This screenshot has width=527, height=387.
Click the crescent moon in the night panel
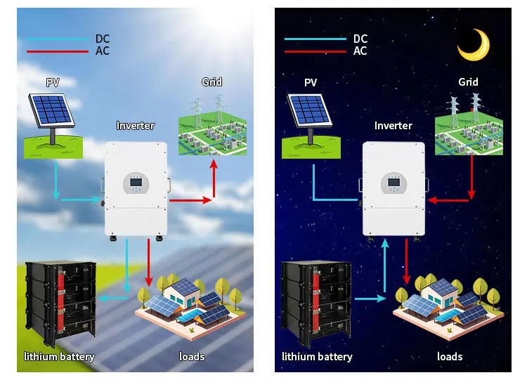click(473, 46)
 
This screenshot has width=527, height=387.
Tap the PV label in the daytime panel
click(53, 82)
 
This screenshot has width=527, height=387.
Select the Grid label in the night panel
click(468, 82)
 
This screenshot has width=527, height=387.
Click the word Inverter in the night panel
click(393, 126)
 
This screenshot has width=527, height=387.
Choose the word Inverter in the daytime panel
click(135, 126)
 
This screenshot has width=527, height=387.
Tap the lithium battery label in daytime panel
click(59, 357)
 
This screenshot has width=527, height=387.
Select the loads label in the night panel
click(450, 357)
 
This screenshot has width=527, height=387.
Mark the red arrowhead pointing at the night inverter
click(432, 200)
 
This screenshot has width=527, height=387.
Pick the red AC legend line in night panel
click(314, 51)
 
